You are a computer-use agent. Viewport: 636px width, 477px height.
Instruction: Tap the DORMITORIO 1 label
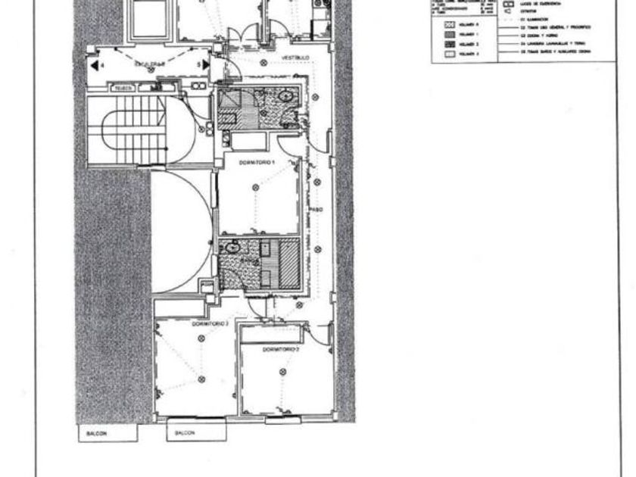[x=257, y=163]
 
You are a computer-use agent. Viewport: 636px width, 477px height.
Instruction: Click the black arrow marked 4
[x=95, y=66]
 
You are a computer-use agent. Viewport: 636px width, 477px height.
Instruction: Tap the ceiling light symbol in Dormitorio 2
[x=282, y=372]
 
